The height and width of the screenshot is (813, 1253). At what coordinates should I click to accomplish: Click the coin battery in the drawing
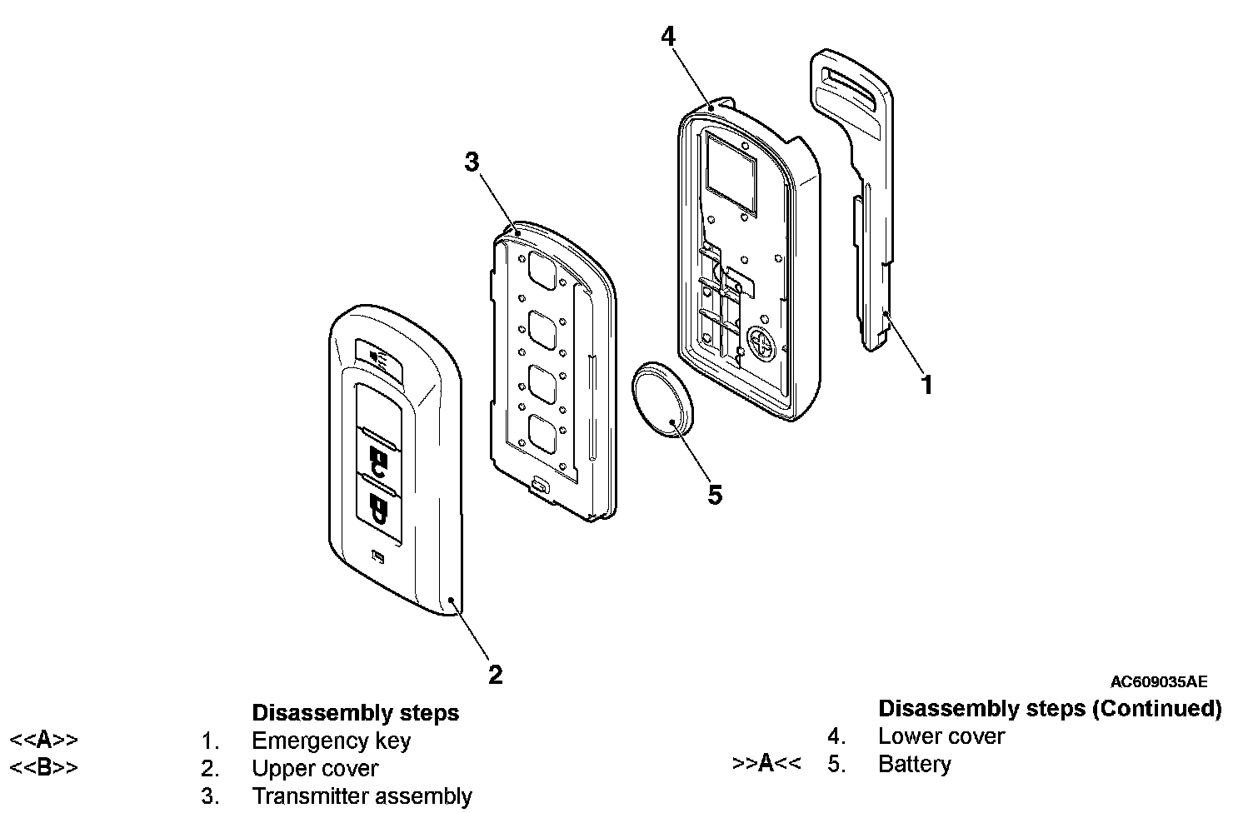coord(662,399)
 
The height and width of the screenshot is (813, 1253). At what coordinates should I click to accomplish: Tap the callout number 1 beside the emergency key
coord(926,385)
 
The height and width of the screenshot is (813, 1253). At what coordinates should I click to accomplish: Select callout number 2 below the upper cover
coord(495,674)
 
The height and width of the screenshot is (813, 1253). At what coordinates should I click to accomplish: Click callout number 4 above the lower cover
coord(668,37)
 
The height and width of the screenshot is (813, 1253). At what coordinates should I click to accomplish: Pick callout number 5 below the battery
coord(715,495)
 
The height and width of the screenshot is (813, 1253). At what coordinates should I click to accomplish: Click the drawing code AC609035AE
coord(1158,681)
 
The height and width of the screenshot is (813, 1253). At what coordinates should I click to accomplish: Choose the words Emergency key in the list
coord(331,741)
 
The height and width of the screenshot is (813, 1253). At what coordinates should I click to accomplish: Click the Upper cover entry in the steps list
coord(314,768)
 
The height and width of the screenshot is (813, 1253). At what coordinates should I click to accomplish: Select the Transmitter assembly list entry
coord(362,796)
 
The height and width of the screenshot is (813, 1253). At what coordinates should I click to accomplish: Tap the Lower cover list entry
coord(941,736)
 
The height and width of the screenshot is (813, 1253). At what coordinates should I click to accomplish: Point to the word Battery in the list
coord(914,764)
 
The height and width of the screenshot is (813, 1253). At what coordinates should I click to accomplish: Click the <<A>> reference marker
coord(43,740)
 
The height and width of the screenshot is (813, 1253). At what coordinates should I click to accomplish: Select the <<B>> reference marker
coord(43,767)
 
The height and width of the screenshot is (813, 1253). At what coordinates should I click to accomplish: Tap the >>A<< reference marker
coord(766,763)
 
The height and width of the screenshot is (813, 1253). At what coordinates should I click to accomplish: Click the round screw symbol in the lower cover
coord(761,339)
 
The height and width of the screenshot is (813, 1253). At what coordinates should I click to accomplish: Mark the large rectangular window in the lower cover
coord(731,173)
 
